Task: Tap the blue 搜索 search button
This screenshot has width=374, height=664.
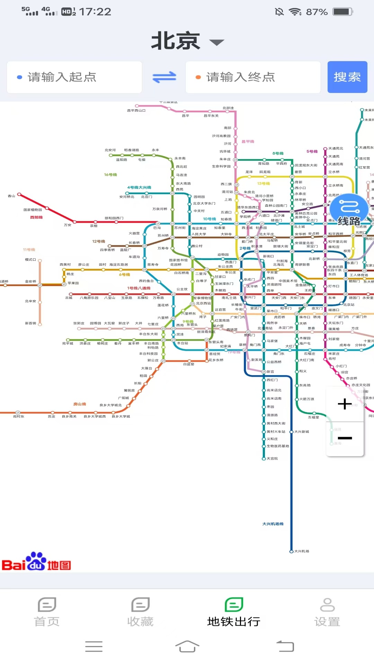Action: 347,77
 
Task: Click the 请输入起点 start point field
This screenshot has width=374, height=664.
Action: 74,77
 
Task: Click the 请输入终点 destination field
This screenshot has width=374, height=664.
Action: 253,77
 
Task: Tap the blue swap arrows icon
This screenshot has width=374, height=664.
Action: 164,77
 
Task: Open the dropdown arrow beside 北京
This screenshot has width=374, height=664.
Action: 217,43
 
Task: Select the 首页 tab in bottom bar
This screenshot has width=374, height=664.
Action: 47,612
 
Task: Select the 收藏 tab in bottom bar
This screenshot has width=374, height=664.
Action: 140,612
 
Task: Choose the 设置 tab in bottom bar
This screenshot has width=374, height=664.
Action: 327,612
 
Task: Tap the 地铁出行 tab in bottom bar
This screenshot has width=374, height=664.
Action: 234,612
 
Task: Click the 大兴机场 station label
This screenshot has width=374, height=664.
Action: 302,551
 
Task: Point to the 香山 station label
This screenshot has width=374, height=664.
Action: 11,196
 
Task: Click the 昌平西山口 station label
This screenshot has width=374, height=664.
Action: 136,111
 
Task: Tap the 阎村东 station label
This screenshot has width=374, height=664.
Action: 19,417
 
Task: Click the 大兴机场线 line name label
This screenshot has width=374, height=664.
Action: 273,524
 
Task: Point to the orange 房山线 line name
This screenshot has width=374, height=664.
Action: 79,404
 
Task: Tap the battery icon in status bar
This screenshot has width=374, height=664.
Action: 342,12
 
